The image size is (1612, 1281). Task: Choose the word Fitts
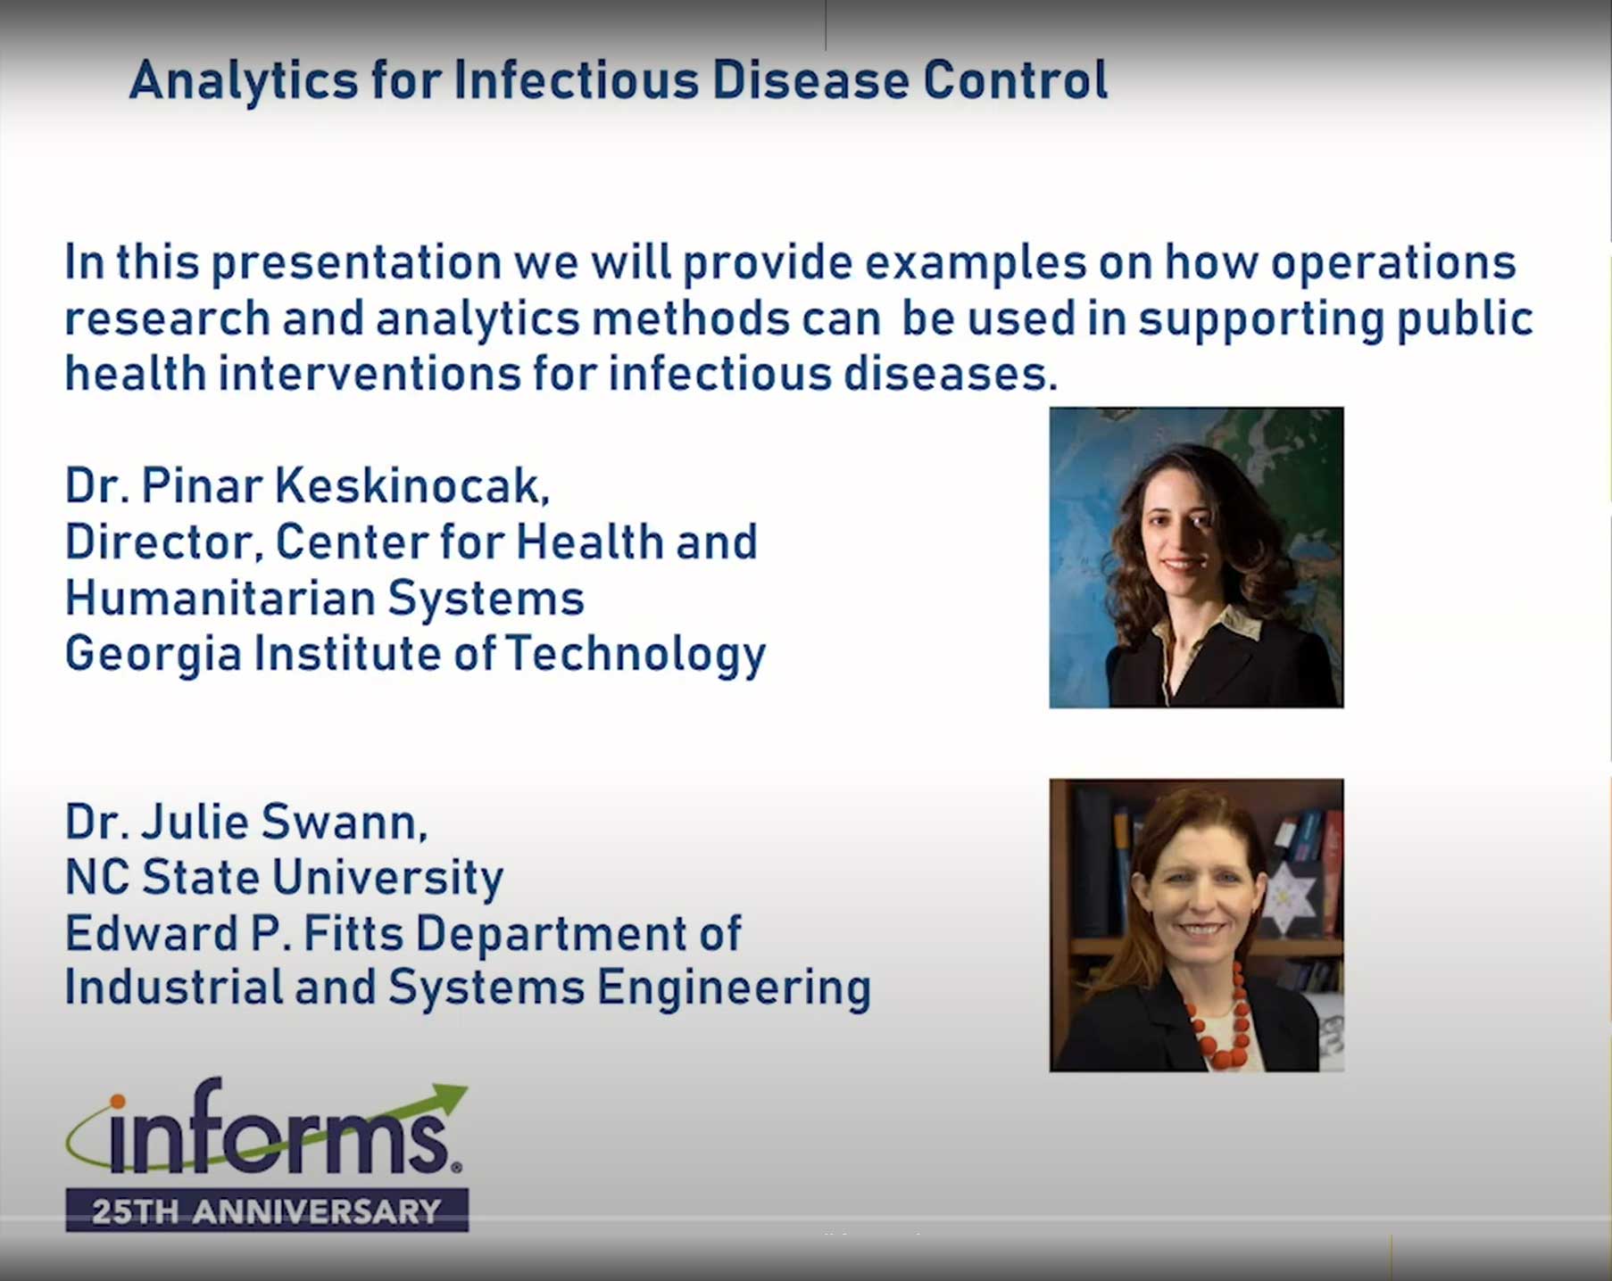pos(353,933)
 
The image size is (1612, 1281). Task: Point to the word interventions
pos(370,373)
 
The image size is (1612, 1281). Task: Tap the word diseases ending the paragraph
pos(951,373)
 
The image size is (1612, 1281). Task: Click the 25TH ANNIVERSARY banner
pos(267,1211)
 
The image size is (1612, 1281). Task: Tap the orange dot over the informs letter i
pos(118,1102)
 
